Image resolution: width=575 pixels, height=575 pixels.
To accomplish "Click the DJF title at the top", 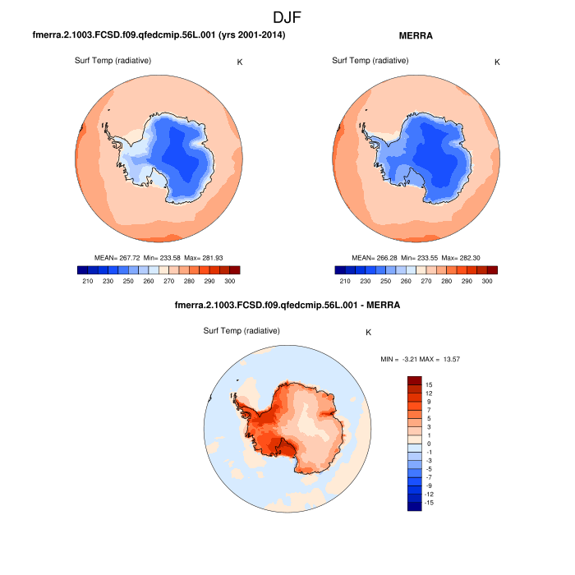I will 287,16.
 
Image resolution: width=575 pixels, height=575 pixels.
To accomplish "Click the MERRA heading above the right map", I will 415,36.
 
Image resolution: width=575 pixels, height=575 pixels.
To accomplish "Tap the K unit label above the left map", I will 239,62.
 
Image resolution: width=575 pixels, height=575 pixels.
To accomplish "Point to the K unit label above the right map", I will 497,62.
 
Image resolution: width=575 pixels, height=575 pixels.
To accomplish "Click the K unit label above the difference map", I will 369,333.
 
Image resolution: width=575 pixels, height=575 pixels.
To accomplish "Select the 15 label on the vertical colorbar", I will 429,384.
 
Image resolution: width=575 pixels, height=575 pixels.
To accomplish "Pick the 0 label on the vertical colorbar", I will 429,444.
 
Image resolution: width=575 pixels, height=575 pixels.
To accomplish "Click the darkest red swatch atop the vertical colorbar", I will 415,381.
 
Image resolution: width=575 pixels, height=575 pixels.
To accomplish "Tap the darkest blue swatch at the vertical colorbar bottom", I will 415,505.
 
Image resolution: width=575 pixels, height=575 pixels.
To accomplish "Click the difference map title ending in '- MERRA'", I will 287,306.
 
